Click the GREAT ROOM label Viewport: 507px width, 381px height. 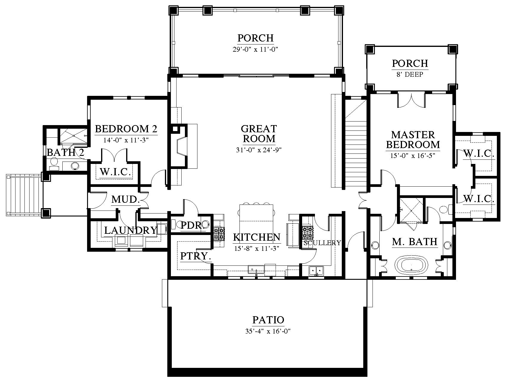[259, 133]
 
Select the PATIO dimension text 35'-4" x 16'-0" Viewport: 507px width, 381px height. [268, 331]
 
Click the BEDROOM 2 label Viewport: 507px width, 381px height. [126, 129]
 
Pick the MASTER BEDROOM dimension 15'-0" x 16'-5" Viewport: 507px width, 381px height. [413, 156]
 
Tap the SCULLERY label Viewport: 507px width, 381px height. [322, 243]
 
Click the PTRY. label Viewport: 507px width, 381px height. [196, 256]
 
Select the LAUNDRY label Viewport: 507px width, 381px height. [131, 230]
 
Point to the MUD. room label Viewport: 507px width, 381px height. [126, 199]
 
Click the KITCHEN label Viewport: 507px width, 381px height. [256, 237]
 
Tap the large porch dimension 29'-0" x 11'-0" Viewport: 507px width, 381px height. [255, 49]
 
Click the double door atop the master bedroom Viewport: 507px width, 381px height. [411, 100]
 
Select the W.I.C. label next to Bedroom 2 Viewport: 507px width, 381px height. [115, 172]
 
